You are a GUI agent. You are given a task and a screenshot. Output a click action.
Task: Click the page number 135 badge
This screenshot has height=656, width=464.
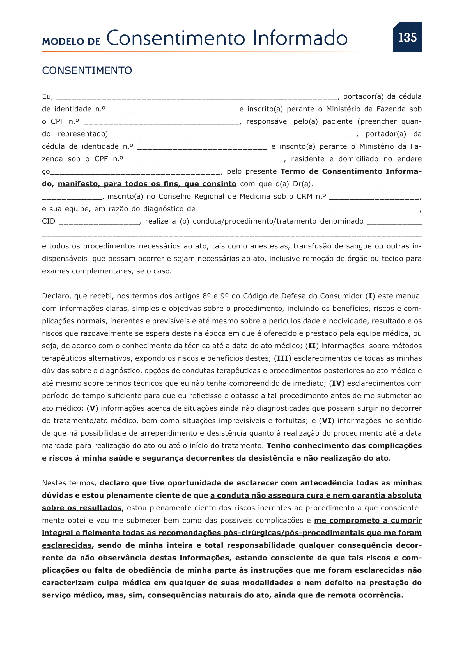click(407, 37)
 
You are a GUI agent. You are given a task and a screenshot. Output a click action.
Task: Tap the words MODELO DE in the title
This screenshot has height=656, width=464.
click(71, 42)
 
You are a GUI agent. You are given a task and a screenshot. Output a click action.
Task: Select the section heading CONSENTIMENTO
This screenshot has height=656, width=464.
click(87, 71)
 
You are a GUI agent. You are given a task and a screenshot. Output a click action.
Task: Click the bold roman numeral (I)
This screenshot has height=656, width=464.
click(370, 296)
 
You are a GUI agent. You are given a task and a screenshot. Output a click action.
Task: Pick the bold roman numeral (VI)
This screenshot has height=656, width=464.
click(327, 421)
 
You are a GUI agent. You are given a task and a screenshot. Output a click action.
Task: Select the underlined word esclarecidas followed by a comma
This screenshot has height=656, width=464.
click(67, 545)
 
